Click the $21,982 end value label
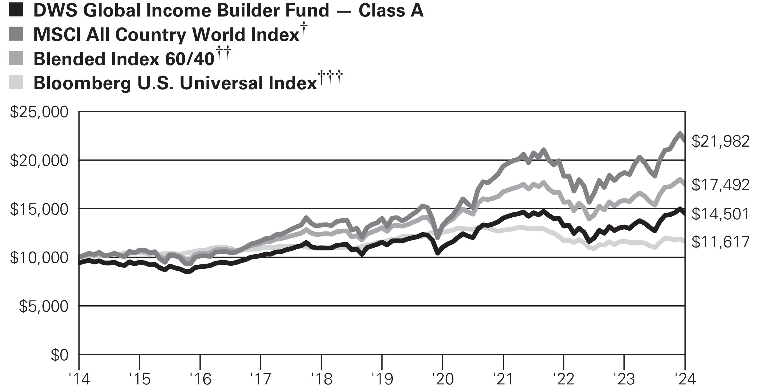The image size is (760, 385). point(721,142)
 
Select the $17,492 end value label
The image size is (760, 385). point(721,185)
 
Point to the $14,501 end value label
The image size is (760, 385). point(721,214)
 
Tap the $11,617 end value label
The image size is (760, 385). point(721,242)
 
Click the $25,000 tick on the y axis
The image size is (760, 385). point(39,112)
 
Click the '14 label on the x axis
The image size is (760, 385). point(79,379)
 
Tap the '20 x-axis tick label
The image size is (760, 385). point(442,379)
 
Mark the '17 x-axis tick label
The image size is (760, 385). point(260,379)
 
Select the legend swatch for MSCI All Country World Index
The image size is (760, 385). point(16,34)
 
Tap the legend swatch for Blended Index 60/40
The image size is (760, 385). point(16,58)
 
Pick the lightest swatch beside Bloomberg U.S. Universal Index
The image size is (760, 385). point(16,82)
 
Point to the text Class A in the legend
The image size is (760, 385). point(391,11)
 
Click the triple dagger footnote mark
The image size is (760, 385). point(330,77)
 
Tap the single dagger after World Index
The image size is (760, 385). point(303,29)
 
